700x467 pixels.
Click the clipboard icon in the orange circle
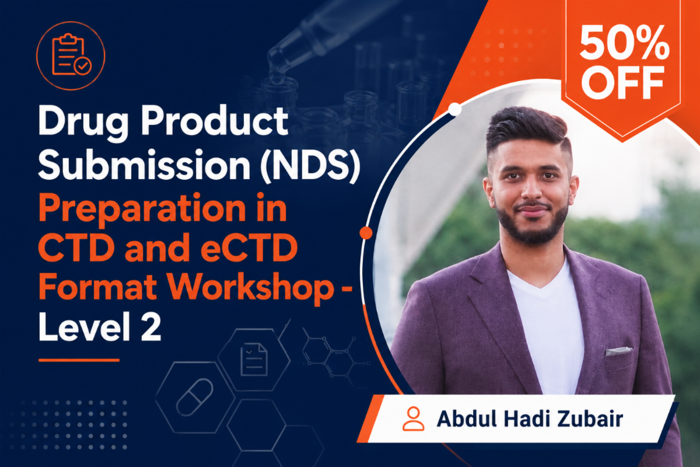pos(71,56)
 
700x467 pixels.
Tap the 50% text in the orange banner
pos(624,43)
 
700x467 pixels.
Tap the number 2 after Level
pos(151,327)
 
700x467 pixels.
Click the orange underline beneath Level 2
pos(79,360)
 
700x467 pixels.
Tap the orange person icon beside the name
pos(414,419)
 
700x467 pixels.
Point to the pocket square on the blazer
pos(619,351)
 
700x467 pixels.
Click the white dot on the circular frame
pos(454,109)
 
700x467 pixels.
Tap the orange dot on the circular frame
pos(366,233)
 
